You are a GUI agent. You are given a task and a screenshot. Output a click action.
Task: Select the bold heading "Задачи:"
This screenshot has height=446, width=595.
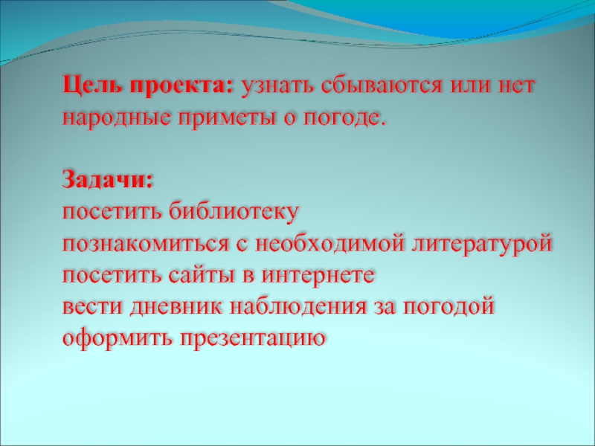109,181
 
